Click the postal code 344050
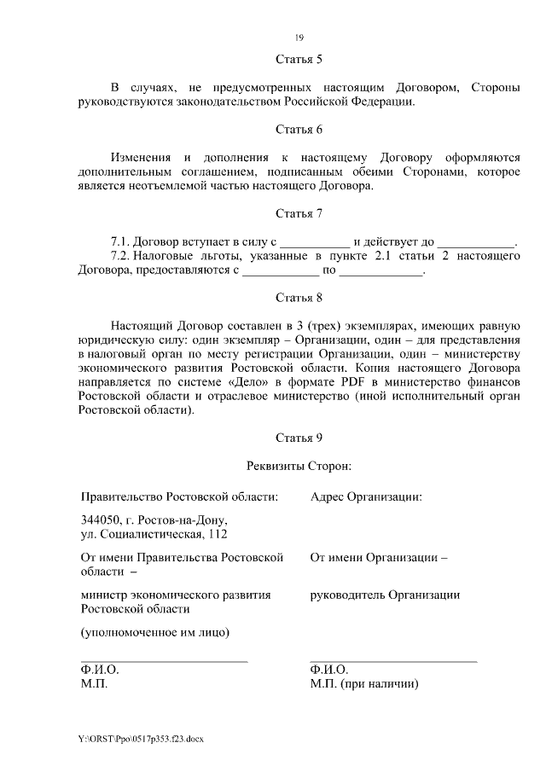[100, 520]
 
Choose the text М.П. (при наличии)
[366, 684]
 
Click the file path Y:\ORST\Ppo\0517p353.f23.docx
[141, 738]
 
